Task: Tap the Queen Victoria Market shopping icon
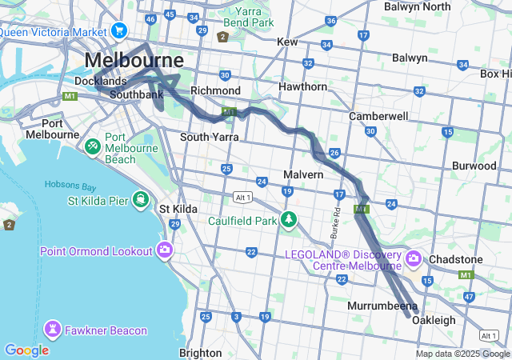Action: pos(120,30)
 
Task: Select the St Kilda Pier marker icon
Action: pos(140,198)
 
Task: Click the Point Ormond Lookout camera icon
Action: pos(166,250)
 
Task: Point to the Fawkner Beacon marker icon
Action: pos(54,329)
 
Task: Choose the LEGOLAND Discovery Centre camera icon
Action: pos(413,258)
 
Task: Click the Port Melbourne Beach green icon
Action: pos(92,146)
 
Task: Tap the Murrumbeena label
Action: pos(382,306)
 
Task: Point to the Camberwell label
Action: pos(378,116)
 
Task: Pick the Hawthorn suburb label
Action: pos(302,86)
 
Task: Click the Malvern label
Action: pos(303,174)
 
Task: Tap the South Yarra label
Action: pos(210,137)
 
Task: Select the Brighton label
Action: pos(201,352)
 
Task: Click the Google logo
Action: pos(26,350)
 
